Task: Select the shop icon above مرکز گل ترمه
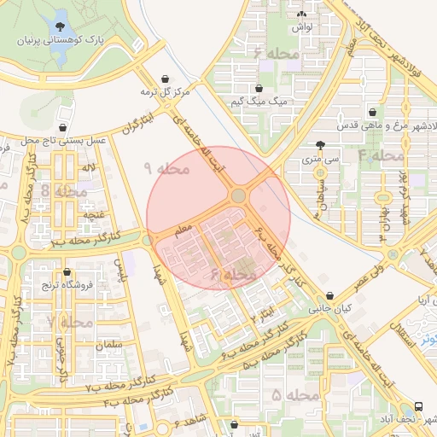tap(165, 79)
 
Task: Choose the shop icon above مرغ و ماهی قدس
tap(372, 113)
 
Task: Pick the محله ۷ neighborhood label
tap(70, 323)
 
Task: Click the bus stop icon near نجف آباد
tap(418, 406)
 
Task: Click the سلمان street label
tap(110, 344)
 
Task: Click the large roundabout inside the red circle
tap(238, 196)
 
